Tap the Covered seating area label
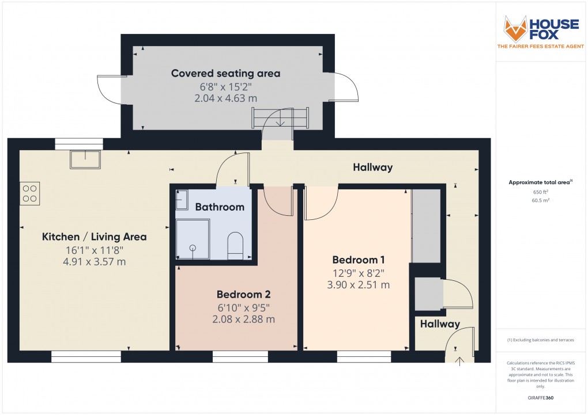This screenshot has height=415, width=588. tap(225, 73)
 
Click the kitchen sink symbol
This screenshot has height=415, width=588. tap(85, 159)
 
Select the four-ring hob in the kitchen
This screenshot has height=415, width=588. tap(30, 193)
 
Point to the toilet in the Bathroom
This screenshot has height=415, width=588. tap(236, 245)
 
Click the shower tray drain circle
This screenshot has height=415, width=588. tap(192, 248)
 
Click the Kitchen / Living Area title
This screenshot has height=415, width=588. tap(94, 237)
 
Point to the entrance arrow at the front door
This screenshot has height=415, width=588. tap(459, 361)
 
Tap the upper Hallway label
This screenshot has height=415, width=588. tap(372, 167)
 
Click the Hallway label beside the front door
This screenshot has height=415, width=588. tap(440, 324)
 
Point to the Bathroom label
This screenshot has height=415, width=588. tap(219, 207)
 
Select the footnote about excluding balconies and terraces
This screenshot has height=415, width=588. tap(540, 340)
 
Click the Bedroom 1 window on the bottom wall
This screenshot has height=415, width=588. tap(364, 356)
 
